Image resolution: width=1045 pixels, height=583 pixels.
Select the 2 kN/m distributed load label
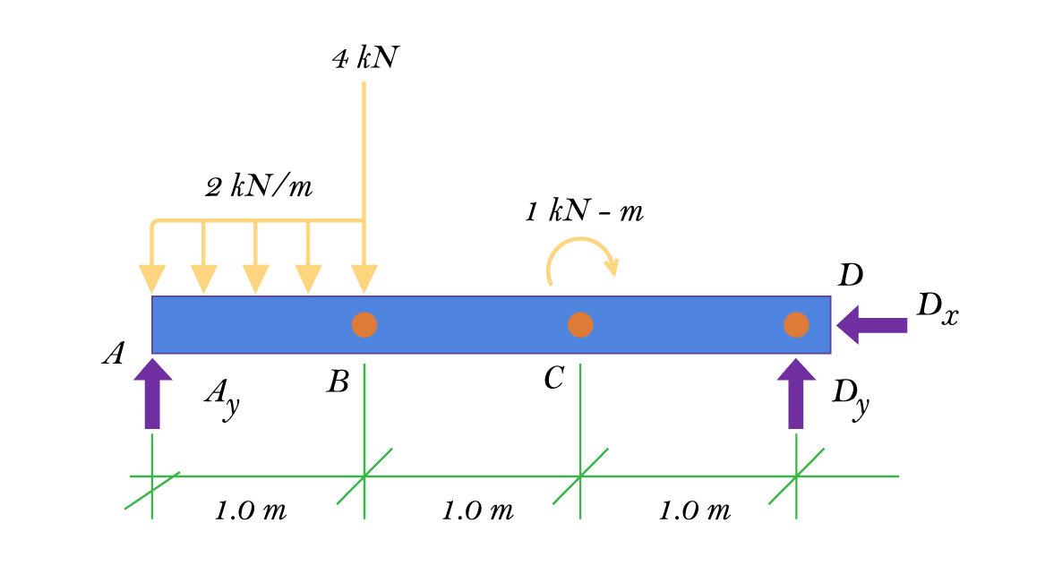260,187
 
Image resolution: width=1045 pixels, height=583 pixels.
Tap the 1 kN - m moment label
584,212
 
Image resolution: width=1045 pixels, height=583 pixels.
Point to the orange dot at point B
364,324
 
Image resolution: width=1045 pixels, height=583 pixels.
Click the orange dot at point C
580,324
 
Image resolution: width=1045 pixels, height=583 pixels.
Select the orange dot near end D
796,324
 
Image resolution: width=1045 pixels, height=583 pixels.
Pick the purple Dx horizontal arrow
871,324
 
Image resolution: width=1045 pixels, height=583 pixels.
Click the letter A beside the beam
113,355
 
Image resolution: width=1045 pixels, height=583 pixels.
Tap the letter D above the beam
850,276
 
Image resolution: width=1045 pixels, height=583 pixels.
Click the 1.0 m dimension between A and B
251,511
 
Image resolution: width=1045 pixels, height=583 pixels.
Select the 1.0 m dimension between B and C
477,511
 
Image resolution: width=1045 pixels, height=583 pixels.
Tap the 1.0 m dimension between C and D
695,511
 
